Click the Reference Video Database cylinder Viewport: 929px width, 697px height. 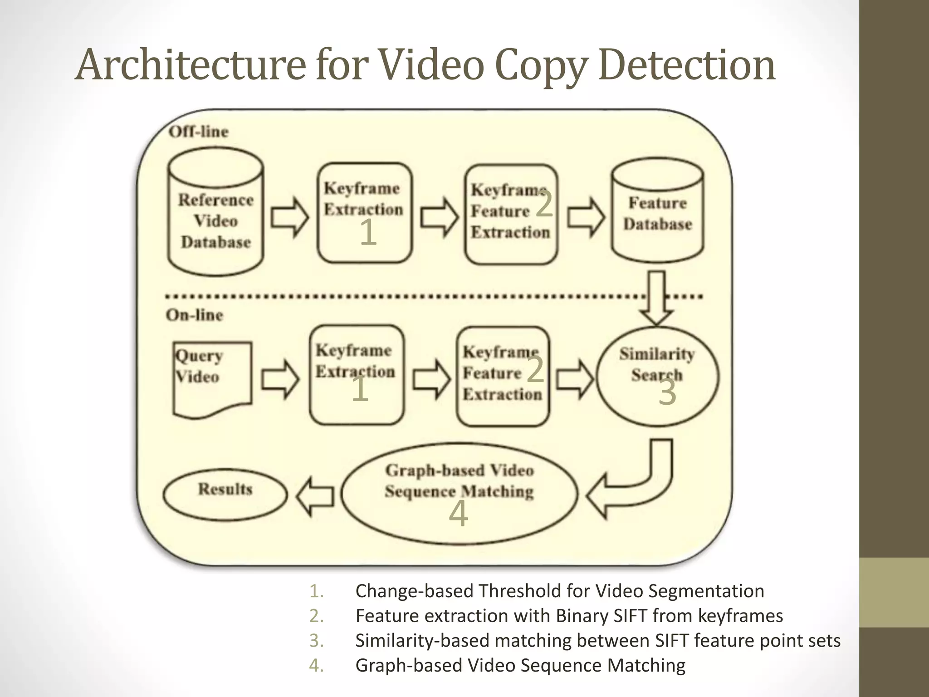pos(215,213)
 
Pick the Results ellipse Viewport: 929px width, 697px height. pos(225,494)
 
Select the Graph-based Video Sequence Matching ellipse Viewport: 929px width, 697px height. pos(459,493)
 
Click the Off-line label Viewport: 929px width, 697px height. pos(199,132)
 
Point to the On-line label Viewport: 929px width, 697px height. pos(195,315)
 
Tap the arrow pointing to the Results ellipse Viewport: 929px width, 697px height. pos(315,496)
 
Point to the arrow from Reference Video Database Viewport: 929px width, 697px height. pos(289,217)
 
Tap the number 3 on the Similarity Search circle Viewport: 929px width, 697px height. pos(667,392)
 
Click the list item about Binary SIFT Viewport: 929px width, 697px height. pos(569,616)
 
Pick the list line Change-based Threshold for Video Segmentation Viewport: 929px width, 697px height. pos(559,591)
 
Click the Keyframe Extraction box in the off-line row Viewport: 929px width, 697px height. pos(365,213)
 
